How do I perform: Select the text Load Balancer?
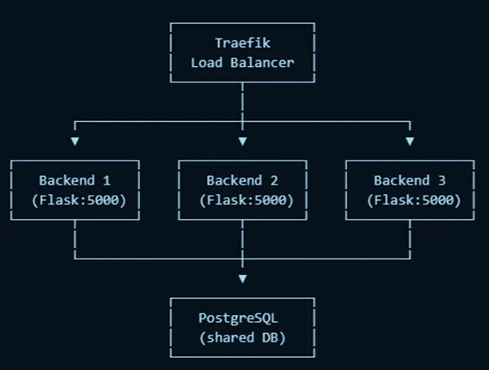point(241,62)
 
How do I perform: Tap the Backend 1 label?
point(75,180)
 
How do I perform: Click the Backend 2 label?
point(241,180)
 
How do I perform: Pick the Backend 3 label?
point(409,180)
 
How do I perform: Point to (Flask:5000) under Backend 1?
point(75,200)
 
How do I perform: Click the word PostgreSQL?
point(241,318)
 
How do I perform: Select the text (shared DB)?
point(241,338)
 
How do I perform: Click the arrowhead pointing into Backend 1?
point(75,140)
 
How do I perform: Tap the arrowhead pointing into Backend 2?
point(242,140)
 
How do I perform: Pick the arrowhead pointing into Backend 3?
point(410,140)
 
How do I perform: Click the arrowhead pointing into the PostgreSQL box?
point(242,278)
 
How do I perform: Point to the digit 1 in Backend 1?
point(107,180)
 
